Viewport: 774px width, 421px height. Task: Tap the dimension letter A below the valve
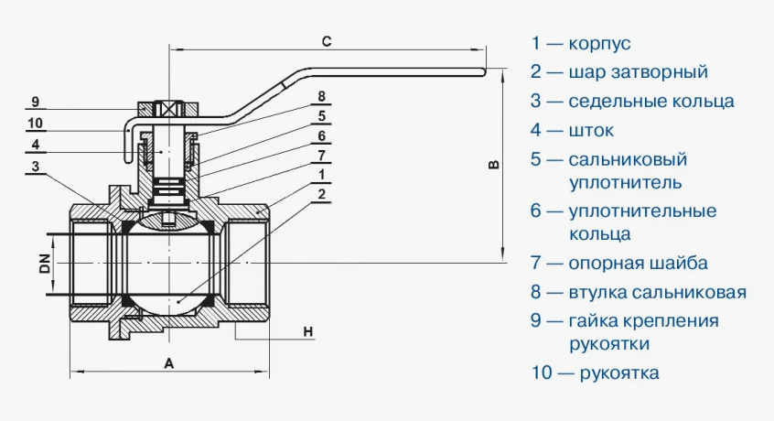coord(169,362)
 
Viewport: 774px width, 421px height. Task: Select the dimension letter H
coord(308,330)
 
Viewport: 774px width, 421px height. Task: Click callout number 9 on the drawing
coord(34,101)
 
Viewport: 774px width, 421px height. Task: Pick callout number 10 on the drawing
coord(35,123)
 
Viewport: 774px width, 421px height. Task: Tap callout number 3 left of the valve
coord(34,167)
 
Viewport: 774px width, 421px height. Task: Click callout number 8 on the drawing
coord(322,96)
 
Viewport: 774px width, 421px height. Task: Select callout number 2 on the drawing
coord(322,194)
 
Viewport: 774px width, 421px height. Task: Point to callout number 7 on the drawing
coord(322,155)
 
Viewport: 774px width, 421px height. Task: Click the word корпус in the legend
coord(599,44)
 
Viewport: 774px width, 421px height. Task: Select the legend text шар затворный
coord(638,72)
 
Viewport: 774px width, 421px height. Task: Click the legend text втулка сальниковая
coord(657,293)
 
